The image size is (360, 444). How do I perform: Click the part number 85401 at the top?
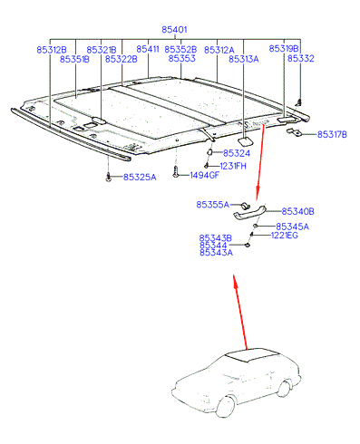pyautogui.click(x=174, y=30)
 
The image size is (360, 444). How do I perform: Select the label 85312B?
pyautogui.click(x=52, y=50)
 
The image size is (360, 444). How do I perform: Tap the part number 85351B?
pyautogui.click(x=74, y=59)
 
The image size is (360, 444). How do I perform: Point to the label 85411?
pyautogui.click(x=148, y=49)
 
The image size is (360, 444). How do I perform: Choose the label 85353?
pyautogui.click(x=182, y=58)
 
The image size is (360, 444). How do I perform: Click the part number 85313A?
pyautogui.click(x=244, y=59)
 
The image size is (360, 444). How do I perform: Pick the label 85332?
pyautogui.click(x=301, y=58)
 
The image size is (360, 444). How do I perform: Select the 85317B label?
pyautogui.click(x=332, y=134)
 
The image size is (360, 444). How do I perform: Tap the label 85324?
pyautogui.click(x=237, y=153)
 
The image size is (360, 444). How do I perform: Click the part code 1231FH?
pyautogui.click(x=233, y=166)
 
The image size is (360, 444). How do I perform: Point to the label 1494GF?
pyautogui.click(x=204, y=175)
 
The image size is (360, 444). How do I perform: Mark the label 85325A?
pyautogui.click(x=140, y=177)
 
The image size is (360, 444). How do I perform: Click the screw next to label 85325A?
pyautogui.click(x=108, y=178)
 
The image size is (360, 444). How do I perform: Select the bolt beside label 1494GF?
pyautogui.click(x=175, y=173)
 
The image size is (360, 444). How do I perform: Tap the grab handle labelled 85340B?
pyautogui.click(x=249, y=212)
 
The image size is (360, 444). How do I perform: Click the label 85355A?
pyautogui.click(x=213, y=205)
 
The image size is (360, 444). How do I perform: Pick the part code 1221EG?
pyautogui.click(x=285, y=235)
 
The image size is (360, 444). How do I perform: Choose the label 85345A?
pyautogui.click(x=293, y=227)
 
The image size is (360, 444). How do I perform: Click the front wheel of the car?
pyautogui.click(x=226, y=406)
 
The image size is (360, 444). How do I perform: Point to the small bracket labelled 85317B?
pyautogui.click(x=293, y=132)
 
